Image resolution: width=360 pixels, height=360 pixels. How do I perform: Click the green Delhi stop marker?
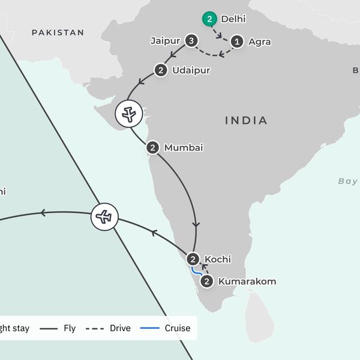pos(209,19)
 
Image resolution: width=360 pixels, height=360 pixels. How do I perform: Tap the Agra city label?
pos(259,42)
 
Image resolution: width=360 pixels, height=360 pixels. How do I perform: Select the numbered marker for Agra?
pos(238,41)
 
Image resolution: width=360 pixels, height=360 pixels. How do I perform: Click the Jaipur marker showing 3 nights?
pos(191,41)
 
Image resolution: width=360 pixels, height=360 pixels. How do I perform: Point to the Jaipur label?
pos(166,41)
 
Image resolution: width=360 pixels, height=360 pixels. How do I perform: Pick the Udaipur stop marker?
pos(161,70)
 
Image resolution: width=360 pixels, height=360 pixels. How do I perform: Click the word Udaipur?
pos(191,70)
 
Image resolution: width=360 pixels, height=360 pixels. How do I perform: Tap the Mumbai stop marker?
pos(153,147)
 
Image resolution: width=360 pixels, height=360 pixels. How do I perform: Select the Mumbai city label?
pos(184,147)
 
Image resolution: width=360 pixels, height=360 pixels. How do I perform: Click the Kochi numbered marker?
pos(193,259)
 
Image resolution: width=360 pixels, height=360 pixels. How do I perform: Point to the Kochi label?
pos(218,259)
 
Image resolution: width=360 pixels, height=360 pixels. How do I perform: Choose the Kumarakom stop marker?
pos(207,281)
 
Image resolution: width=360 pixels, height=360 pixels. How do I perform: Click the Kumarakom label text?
pos(247,281)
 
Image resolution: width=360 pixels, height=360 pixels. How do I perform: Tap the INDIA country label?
pos(246,121)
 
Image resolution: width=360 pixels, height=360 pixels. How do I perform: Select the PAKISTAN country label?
pos(58,32)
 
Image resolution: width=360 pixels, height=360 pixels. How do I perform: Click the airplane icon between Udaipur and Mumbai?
pos(129,113)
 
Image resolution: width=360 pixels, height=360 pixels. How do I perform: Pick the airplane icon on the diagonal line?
pos(104,217)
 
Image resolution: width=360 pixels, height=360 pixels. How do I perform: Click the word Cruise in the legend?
pos(178,328)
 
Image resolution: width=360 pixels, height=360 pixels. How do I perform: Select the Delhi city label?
pos(233,19)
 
